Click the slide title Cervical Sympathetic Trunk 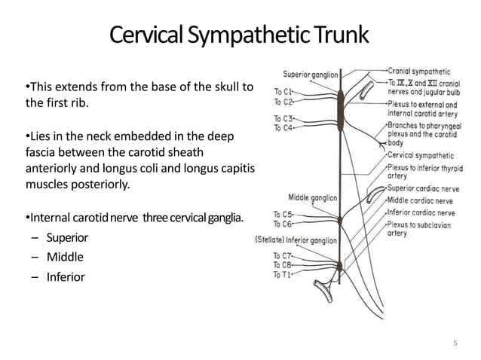point(240,35)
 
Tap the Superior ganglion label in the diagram point(310,74)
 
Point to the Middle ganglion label point(312,198)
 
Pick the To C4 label point(283,127)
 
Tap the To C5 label point(283,215)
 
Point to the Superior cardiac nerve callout point(424,189)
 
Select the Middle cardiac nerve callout point(421,200)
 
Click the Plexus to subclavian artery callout point(421,228)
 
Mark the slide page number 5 point(455,343)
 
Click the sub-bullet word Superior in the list point(67,238)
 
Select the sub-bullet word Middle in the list point(65,257)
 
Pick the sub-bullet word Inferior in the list point(66,276)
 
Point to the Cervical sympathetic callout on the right point(421,154)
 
